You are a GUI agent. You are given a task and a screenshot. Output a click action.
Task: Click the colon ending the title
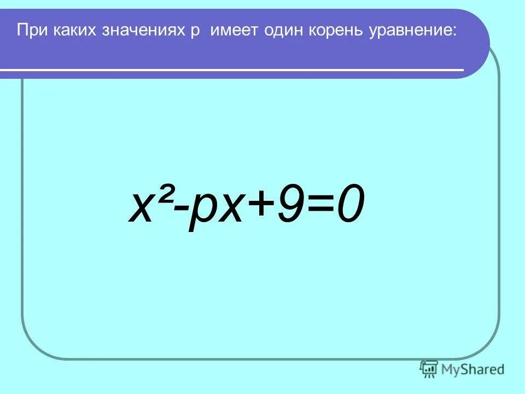click(453, 32)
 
